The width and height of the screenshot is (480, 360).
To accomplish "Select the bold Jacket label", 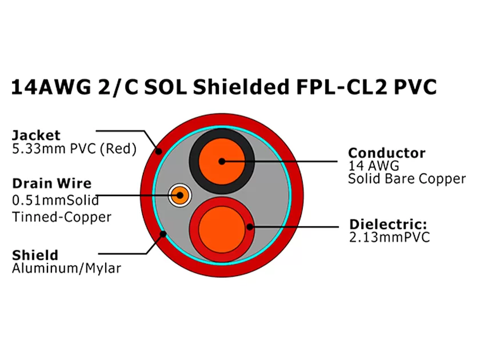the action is pos(36,135).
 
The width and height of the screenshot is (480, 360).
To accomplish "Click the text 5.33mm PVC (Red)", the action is pos(74,149).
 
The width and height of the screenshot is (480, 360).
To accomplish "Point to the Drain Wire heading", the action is pos(51,183).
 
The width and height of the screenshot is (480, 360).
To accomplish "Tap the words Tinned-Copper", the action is pos(62,217).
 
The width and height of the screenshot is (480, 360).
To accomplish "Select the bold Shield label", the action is pos(35,254).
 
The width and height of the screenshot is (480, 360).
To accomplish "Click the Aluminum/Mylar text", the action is pos(66,268).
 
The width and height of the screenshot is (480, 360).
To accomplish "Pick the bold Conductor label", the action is pos(386,153).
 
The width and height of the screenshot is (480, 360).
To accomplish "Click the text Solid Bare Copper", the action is pos(407,179).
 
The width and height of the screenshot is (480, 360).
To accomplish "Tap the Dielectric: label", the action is pos(388,224).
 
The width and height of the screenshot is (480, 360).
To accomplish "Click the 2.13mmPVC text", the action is pos(389,237).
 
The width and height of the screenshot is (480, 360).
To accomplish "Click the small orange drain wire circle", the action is pos(179,196).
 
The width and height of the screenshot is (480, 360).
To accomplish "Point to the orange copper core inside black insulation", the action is pos(221,162).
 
